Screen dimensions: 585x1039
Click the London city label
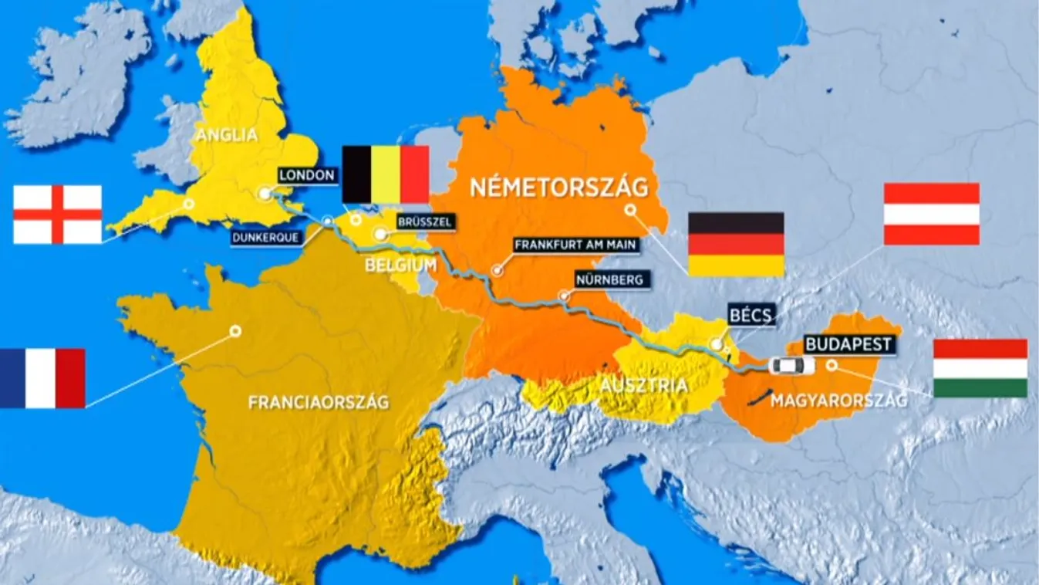pyautogui.click(x=306, y=175)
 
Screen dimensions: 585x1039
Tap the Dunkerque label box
pyautogui.click(x=266, y=238)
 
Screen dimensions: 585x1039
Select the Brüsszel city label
pyautogui.click(x=423, y=221)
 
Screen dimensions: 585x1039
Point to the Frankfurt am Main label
pyautogui.click(x=575, y=245)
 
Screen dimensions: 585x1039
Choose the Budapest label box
pyautogui.click(x=849, y=344)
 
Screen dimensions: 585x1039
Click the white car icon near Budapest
pyautogui.click(x=791, y=366)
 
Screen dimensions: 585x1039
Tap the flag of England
pyautogui.click(x=57, y=214)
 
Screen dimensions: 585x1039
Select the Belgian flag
pyautogui.click(x=386, y=174)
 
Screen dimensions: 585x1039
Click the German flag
pyautogui.click(x=736, y=244)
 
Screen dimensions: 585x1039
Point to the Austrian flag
pyautogui.click(x=931, y=214)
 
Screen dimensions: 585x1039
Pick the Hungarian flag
pyautogui.click(x=980, y=368)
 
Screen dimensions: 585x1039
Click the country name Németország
pyautogui.click(x=558, y=188)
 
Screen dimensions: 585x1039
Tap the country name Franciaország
pyautogui.click(x=318, y=402)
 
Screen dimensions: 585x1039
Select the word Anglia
pyautogui.click(x=226, y=136)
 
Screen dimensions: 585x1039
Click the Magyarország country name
pyautogui.click(x=838, y=400)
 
